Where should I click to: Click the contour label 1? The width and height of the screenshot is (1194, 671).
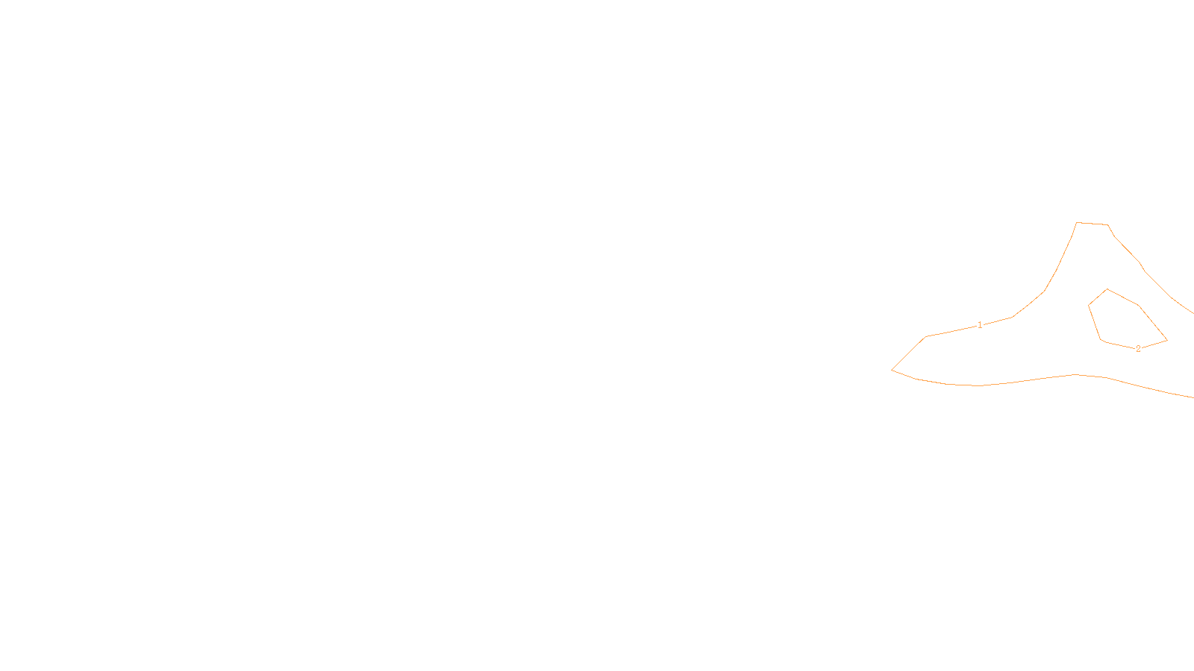click(x=980, y=325)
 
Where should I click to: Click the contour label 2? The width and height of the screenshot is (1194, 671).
click(x=1138, y=348)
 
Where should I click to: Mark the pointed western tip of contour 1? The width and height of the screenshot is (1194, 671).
click(x=892, y=369)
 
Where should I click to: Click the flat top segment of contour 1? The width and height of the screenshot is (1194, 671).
click(x=1093, y=224)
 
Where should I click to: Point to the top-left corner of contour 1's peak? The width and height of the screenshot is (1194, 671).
click(x=1077, y=222)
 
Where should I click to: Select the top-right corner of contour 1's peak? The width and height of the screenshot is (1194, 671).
click(x=1108, y=225)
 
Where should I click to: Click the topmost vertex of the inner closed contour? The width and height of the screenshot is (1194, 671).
click(x=1107, y=289)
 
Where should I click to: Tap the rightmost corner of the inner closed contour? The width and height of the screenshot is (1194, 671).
click(x=1167, y=341)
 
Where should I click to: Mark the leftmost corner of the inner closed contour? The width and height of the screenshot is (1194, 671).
click(x=1089, y=305)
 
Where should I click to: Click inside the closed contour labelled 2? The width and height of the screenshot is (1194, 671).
click(x=1123, y=321)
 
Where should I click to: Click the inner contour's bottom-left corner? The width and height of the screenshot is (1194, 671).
click(x=1101, y=340)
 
